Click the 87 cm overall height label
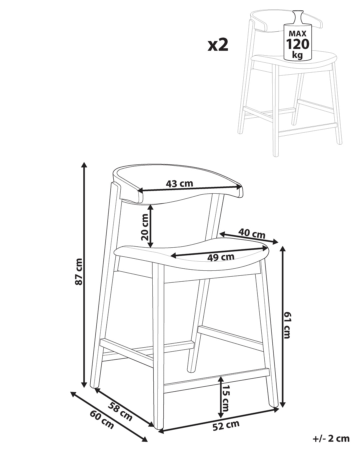[79, 271]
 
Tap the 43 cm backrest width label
[179, 184]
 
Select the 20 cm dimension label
[145, 227]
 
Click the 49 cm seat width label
[221, 257]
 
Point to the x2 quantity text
[218, 45]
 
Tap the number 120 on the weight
[298, 44]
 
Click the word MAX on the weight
[297, 33]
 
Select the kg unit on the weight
[297, 55]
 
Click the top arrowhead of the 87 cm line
[84, 165]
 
